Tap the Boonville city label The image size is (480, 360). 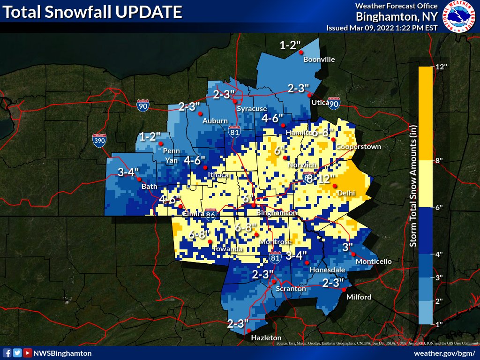[x=319, y=60]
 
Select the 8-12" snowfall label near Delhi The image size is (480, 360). [x=321, y=179]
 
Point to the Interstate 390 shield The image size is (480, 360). [x=99, y=139]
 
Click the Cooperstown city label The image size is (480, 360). [x=359, y=147]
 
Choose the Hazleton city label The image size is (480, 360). [x=266, y=337]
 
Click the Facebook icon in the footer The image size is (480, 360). [x=7, y=353]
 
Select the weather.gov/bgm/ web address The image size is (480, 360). [x=444, y=353]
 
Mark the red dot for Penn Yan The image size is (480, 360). [x=160, y=143]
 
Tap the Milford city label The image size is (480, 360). [x=359, y=297]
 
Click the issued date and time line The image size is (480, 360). [x=382, y=28]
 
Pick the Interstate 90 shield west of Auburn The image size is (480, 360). [x=143, y=105]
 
